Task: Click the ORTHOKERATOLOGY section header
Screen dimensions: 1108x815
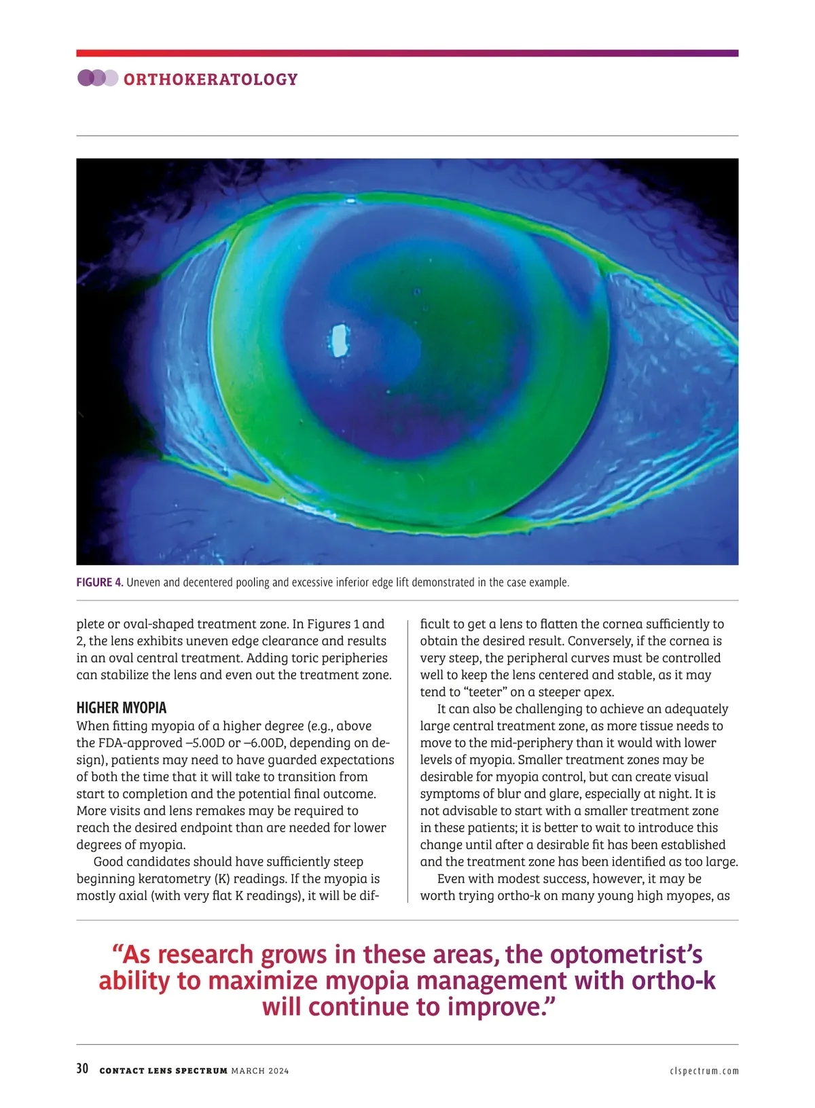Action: pyautogui.click(x=211, y=79)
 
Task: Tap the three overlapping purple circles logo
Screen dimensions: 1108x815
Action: pyautogui.click(x=98, y=78)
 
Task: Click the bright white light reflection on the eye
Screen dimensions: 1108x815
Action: pyautogui.click(x=338, y=340)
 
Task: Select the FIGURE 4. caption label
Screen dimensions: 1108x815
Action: pyautogui.click(x=100, y=582)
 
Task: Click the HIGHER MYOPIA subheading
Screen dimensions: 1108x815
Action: pyautogui.click(x=121, y=708)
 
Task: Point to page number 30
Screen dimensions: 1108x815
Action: pyautogui.click(x=82, y=1069)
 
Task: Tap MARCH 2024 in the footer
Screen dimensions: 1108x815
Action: pyautogui.click(x=259, y=1071)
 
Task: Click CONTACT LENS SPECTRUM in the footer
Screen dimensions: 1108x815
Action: pyautogui.click(x=163, y=1071)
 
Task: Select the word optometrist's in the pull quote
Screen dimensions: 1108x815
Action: pyautogui.click(x=626, y=954)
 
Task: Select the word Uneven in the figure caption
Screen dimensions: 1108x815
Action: pyautogui.click(x=143, y=582)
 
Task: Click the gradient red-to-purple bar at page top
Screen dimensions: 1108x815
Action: pyautogui.click(x=407, y=53)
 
